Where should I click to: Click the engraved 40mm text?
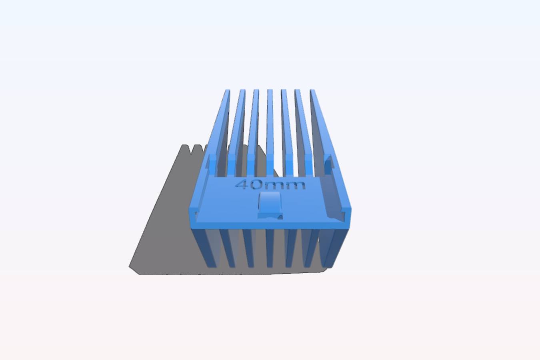pyautogui.click(x=270, y=185)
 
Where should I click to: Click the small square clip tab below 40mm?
pyautogui.click(x=270, y=205)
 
